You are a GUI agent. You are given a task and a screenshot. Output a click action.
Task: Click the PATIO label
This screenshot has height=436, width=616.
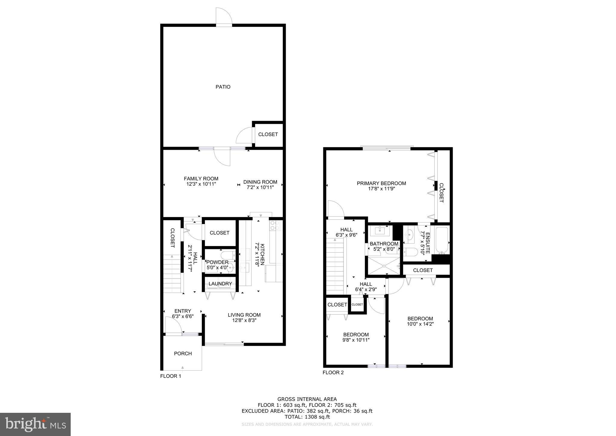coord(223,87)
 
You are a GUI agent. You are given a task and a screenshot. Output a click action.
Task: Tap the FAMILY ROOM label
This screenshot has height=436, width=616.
coord(201,179)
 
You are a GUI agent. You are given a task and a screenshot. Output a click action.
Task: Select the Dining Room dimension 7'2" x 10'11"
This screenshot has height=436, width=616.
coord(260,188)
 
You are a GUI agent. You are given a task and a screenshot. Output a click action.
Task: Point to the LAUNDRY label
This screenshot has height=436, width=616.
coord(220,284)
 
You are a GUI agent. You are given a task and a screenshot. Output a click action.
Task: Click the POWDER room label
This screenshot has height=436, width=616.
coord(217,262)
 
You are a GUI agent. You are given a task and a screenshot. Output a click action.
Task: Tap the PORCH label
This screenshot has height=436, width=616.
coord(183,353)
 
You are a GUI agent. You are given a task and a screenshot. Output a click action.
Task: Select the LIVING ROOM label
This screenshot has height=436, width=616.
coord(244,315)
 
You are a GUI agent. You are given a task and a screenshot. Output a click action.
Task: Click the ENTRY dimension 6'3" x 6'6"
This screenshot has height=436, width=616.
coord(183,316)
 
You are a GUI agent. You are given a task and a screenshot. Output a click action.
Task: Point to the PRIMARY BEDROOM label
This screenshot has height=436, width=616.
coord(381,183)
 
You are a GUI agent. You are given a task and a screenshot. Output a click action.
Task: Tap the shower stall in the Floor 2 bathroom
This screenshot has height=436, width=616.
coord(384,266)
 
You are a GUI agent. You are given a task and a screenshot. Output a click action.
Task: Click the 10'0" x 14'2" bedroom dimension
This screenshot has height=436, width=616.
coord(420,324)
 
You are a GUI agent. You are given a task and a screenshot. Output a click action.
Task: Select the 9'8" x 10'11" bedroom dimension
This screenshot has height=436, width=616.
coord(356,340)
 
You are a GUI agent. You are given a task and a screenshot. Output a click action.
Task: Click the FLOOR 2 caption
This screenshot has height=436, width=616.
coord(333,372)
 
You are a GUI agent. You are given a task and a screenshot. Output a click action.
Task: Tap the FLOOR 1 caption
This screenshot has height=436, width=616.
coord(171,376)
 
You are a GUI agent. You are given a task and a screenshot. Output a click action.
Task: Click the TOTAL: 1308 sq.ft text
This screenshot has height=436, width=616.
coord(307,417)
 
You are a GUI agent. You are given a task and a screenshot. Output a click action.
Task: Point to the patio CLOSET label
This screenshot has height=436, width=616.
coord(268,134)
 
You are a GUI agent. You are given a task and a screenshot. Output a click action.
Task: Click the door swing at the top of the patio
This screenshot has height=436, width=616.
coord(224,16)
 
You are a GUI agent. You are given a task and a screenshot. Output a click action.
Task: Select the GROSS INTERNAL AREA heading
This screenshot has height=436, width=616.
coord(307,400)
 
